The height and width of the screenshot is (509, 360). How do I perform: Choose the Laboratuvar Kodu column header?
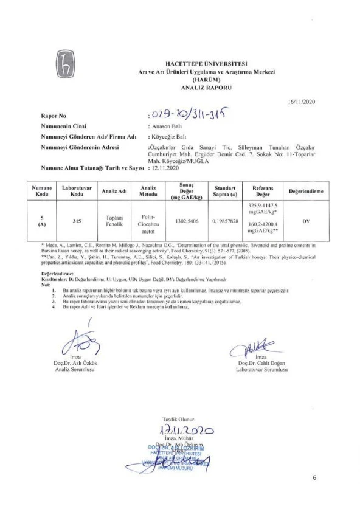(77, 190)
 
